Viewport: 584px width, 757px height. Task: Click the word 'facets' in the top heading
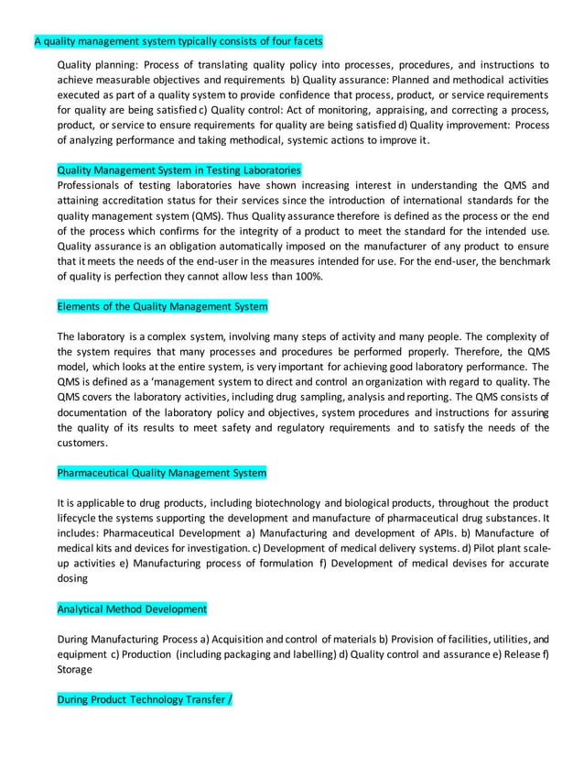(305, 41)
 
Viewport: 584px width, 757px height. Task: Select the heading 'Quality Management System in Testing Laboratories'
(178, 170)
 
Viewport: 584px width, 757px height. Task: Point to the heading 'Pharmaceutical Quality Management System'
(162, 473)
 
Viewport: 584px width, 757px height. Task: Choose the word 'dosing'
(72, 577)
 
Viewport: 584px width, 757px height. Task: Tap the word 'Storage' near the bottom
(76, 667)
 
